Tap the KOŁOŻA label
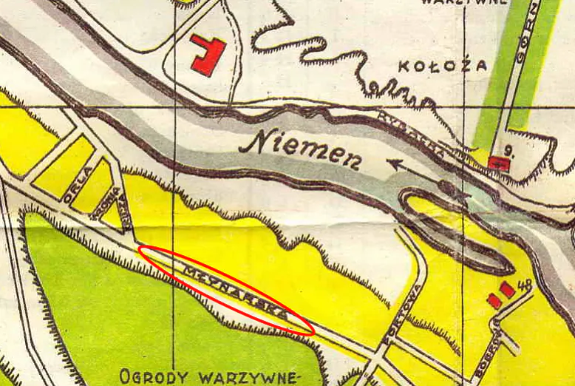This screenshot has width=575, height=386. pyautogui.click(x=443, y=66)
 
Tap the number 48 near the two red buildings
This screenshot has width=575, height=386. pyautogui.click(x=527, y=285)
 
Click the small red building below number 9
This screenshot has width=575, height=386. pyautogui.click(x=499, y=163)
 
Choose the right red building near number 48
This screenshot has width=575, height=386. pyautogui.click(x=507, y=290)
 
